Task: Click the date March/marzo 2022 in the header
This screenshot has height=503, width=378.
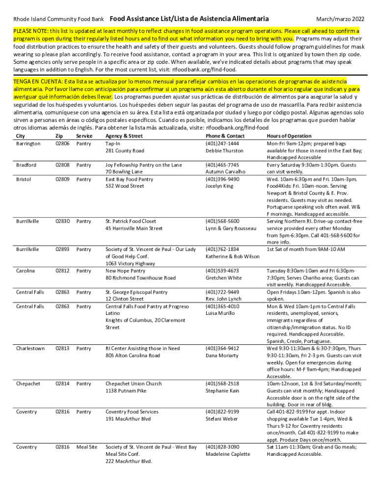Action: tap(340, 19)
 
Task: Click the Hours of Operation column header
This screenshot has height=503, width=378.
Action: tap(289, 136)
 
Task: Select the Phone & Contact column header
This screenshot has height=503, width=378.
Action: tap(225, 136)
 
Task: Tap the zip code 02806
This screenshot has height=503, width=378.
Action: tap(62, 143)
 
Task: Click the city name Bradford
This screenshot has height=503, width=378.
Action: tap(26, 165)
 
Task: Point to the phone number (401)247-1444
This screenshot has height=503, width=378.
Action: tap(222, 143)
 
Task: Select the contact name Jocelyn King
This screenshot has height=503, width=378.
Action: tap(219, 186)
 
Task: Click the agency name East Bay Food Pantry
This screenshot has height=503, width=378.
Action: tap(129, 179)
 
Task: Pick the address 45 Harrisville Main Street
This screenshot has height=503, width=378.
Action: tap(134, 228)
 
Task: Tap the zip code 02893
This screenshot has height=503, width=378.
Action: tap(62, 250)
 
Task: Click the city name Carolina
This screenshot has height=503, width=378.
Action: tap(26, 271)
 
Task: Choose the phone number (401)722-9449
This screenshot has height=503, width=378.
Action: tap(222, 292)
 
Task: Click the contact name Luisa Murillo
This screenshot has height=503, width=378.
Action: tap(220, 313)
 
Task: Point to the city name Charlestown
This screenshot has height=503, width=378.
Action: tap(30, 348)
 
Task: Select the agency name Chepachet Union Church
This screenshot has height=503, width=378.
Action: tap(134, 384)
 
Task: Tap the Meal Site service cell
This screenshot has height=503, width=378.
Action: tap(87, 447)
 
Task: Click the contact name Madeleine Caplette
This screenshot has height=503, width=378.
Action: tap(228, 454)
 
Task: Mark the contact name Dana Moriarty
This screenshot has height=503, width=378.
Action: tap(221, 356)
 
